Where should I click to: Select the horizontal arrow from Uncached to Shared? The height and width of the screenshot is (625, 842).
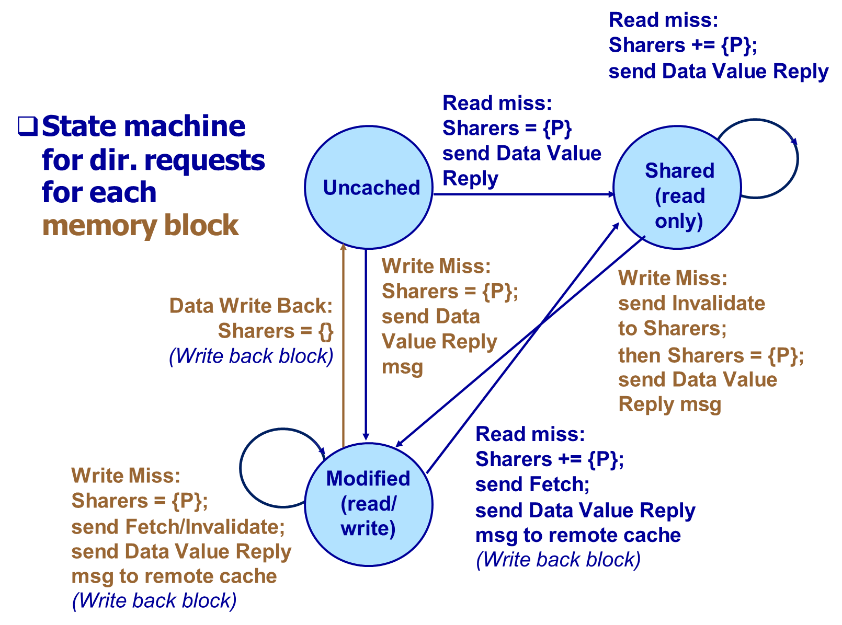coord(523,194)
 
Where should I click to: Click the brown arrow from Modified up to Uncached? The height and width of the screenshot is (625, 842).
coord(343,345)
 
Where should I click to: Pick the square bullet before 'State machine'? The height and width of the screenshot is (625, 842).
coord(27,126)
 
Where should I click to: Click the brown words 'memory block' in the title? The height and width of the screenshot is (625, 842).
coord(140,226)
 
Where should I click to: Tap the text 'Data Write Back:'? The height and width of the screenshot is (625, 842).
coord(251,306)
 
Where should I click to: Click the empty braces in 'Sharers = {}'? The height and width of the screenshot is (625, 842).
coord(326,331)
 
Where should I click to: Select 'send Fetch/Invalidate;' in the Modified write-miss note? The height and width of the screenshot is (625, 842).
coord(178,527)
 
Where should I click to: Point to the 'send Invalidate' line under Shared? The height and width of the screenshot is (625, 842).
coord(691,303)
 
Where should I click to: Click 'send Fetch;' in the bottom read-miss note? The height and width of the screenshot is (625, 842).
coord(532,484)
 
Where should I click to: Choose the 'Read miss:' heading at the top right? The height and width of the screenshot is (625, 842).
coord(663,20)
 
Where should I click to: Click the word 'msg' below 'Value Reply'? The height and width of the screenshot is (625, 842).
coord(402,367)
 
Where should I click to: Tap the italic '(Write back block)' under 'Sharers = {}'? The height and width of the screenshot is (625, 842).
coord(251,356)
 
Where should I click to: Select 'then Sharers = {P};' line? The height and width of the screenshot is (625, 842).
coord(711,355)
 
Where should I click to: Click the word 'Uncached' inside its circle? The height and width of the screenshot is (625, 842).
coord(371,188)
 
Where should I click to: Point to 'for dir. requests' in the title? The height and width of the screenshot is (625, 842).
coord(153,160)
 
